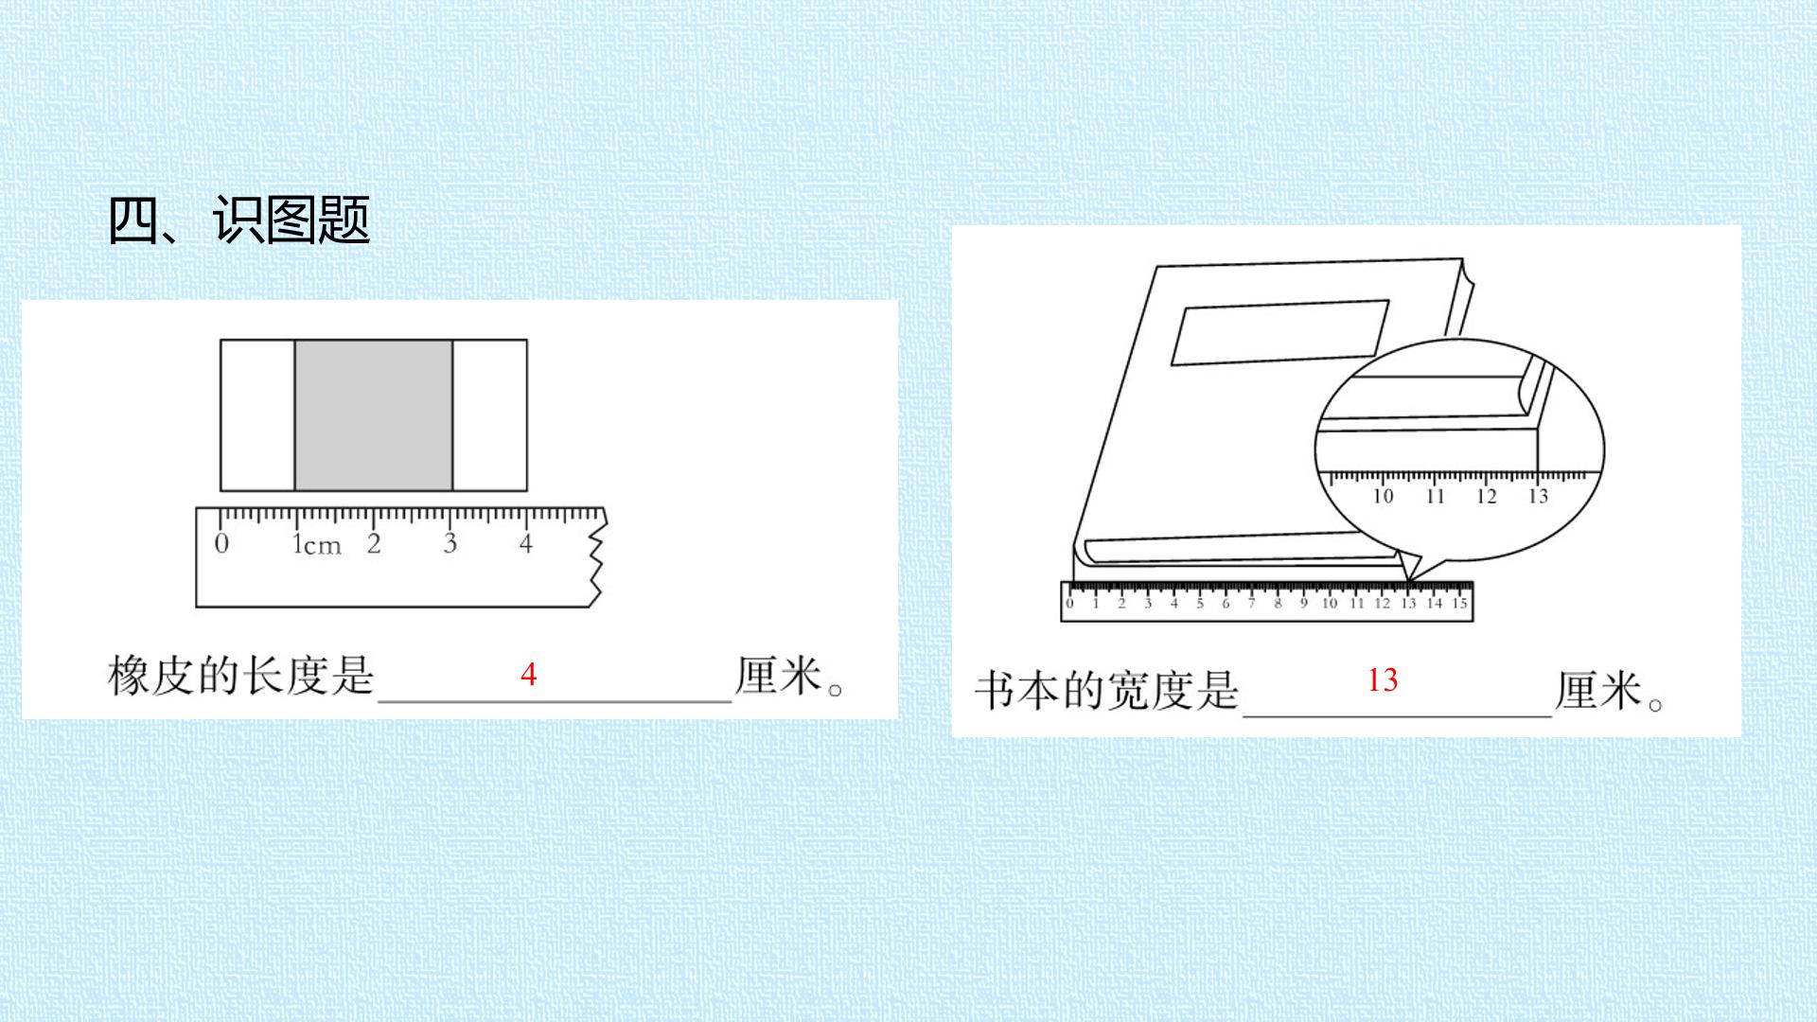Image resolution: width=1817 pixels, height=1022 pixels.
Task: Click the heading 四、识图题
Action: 238,220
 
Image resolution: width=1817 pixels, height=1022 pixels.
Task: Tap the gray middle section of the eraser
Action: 374,415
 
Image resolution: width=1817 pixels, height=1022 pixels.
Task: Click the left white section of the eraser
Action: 257,415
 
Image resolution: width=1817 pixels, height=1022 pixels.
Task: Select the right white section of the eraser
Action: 489,415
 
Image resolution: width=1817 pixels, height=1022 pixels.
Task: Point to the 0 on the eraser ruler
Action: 221,543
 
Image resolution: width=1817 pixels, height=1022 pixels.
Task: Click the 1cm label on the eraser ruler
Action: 316,544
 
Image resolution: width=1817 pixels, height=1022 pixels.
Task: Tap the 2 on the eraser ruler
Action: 374,543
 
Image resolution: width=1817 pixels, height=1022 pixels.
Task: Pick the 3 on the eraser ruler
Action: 450,543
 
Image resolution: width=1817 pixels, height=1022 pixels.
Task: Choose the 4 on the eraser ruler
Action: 525,543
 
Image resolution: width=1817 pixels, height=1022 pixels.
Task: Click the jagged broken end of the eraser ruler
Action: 597,557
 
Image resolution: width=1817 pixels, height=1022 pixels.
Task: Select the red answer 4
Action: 528,675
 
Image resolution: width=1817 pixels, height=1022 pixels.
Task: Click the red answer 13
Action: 1383,679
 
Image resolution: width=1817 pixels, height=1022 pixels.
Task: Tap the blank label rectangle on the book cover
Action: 1280,332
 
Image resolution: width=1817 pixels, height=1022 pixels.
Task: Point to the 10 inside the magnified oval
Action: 1383,496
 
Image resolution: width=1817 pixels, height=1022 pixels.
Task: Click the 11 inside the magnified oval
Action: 1435,496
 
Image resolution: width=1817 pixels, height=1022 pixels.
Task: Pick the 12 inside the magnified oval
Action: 1486,496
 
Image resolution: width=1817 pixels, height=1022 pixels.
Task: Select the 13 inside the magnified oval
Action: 1538,496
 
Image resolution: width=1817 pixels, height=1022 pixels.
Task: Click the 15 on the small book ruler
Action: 1460,603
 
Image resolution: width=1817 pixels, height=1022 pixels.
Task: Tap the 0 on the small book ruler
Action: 1070,603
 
